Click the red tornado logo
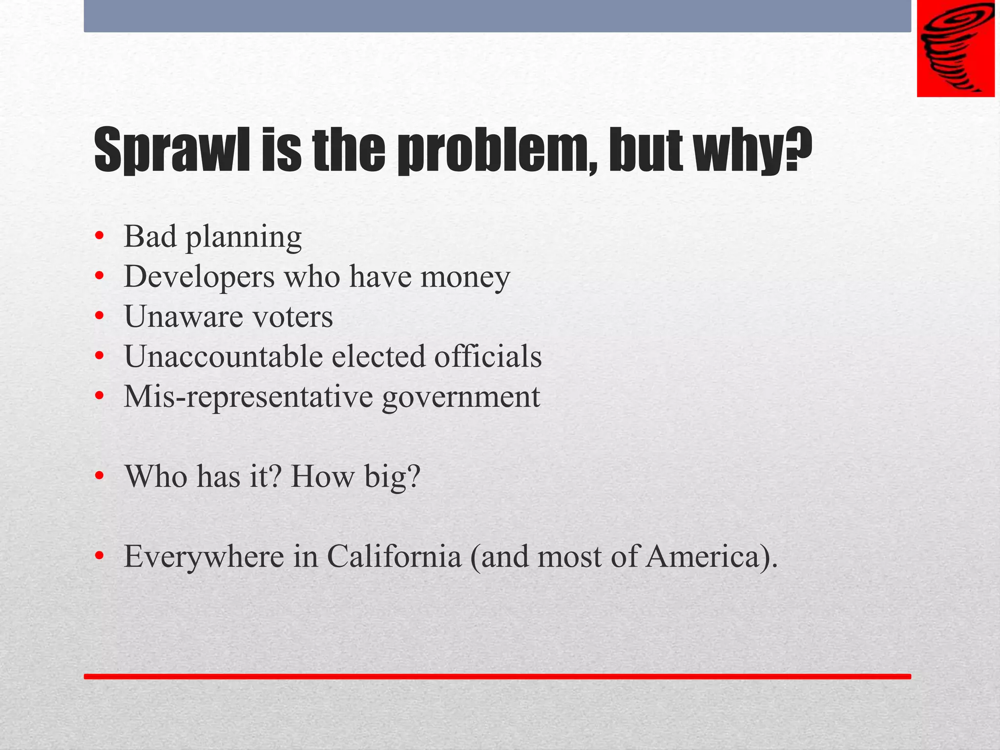pos(955,48)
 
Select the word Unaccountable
pos(223,356)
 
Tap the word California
pos(394,556)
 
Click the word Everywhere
pos(204,557)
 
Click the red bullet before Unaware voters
pos(100,317)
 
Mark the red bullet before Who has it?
pos(100,476)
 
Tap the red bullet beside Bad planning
pos(100,237)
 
